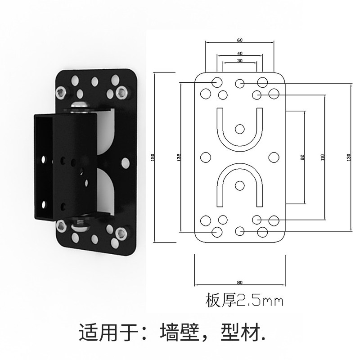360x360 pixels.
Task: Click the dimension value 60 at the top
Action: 239,40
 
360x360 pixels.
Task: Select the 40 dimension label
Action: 239,53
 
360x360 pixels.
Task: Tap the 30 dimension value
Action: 239,61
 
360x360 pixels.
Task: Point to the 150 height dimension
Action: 153,157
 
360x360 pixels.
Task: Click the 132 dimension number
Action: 179,157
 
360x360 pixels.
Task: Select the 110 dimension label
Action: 323,157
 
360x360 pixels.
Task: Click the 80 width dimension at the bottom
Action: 239,283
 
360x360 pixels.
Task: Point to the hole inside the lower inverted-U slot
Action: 239,184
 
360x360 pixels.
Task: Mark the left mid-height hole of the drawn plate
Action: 205,157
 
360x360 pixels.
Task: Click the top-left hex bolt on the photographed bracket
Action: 60,93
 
